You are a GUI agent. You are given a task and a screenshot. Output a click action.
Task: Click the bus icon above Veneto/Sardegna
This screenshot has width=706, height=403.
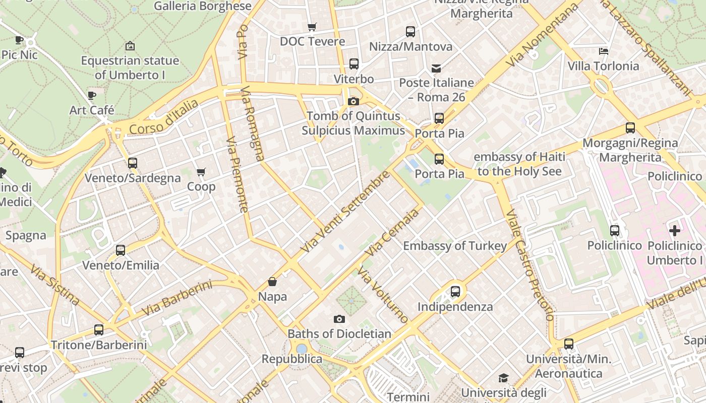click(132, 163)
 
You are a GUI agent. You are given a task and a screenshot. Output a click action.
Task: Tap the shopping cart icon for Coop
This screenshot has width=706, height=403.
click(201, 172)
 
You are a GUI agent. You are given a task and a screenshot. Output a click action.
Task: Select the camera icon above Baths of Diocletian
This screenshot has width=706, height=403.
click(339, 319)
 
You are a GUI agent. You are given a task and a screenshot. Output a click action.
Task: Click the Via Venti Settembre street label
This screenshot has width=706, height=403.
click(345, 212)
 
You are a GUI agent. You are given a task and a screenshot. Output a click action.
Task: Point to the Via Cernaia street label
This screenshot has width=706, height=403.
click(394, 232)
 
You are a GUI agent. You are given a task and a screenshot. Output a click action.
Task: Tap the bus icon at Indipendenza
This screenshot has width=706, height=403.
click(455, 291)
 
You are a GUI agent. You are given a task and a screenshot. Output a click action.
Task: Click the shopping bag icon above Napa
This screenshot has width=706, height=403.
click(272, 282)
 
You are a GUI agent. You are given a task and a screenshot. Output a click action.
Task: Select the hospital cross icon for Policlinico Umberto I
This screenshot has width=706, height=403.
click(674, 231)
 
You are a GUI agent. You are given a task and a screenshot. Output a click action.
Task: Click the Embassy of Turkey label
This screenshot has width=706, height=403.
click(455, 246)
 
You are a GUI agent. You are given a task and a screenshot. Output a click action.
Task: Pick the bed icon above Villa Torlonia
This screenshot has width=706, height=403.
click(603, 51)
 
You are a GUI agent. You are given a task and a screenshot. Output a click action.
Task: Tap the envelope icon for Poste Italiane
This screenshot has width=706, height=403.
click(436, 68)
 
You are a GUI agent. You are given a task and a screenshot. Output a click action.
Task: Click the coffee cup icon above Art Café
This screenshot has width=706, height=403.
click(91, 95)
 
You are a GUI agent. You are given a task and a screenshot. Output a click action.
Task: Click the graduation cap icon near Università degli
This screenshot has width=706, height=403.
click(503, 378)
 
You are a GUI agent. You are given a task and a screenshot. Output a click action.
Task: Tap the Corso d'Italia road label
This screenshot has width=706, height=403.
click(164, 117)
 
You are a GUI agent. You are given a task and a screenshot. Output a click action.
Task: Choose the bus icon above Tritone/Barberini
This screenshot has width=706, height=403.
click(99, 330)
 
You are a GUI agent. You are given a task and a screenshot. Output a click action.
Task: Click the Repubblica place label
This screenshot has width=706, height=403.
click(291, 359)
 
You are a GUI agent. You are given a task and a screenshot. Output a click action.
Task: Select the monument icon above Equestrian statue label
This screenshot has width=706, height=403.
click(130, 46)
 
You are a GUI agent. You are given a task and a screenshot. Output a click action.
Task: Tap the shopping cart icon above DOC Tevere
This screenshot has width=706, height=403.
click(312, 27)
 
